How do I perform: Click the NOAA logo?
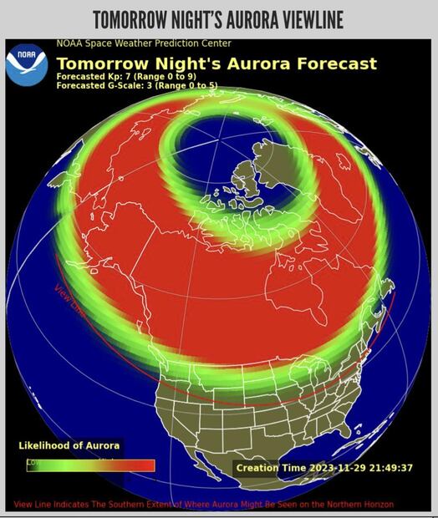[27, 63]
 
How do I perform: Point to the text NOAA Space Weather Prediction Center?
[144, 43]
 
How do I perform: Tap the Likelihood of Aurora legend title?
[69, 445]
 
